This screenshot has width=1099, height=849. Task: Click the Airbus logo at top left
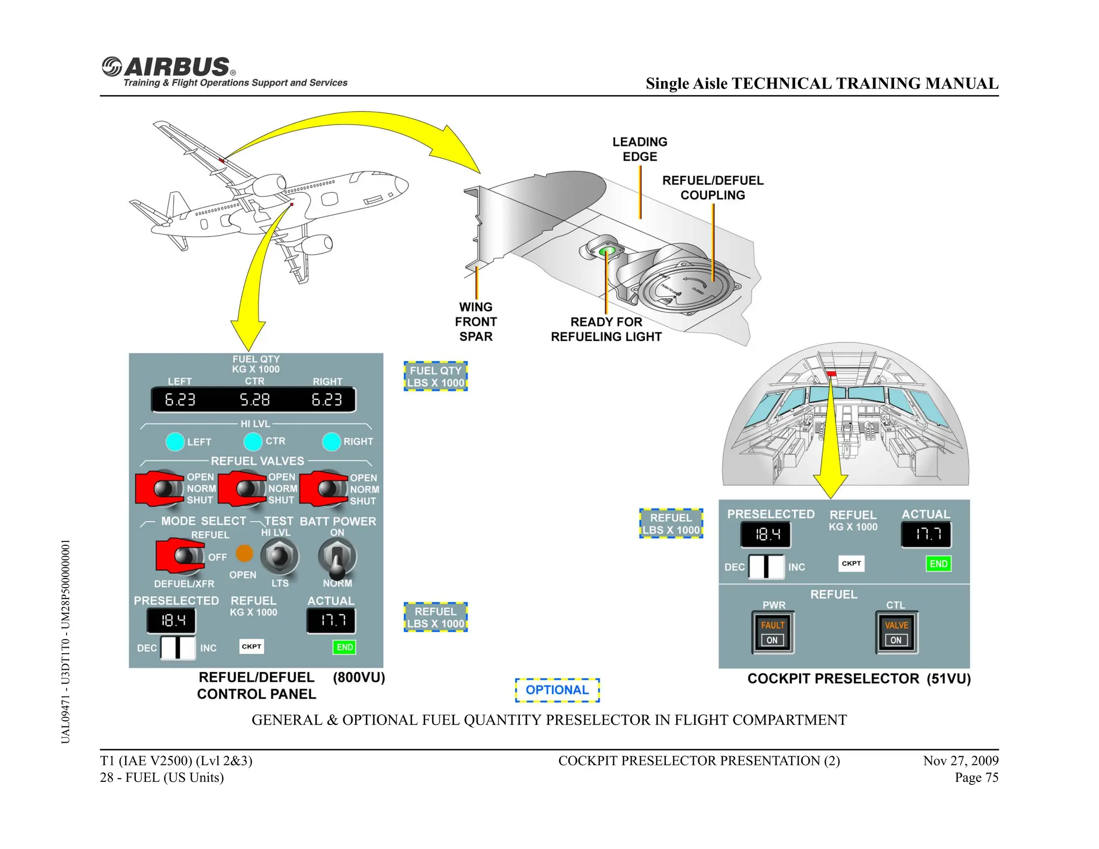pos(169,68)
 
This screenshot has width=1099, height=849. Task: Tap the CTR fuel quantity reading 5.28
pos(254,400)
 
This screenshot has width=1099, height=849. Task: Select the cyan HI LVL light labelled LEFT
pos(175,442)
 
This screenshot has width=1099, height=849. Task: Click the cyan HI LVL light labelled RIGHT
pos(332,442)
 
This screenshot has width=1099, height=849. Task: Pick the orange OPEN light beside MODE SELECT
pos(244,553)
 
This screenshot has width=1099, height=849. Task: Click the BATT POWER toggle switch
pos(337,558)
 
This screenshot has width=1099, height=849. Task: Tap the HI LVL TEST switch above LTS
pos(280,556)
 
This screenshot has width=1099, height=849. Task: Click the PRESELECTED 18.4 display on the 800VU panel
pos(172,621)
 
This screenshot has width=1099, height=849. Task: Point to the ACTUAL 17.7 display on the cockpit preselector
pos(926,535)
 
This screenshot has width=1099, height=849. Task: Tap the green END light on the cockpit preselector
pos(938,563)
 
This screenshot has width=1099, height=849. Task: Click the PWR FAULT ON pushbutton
pos(773,633)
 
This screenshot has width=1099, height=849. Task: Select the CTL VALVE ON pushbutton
pos(896,633)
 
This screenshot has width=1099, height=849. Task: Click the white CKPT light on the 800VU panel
pos(251,646)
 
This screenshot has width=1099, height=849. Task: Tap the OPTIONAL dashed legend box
pos(557,690)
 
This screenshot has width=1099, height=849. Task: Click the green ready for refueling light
pos(607,251)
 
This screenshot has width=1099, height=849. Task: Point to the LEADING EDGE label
pos(640,149)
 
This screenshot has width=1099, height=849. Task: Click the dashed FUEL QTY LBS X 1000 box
pos(436,377)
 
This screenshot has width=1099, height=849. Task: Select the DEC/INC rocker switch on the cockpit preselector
pos(766,567)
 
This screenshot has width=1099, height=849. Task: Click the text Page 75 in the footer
pos(976,778)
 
